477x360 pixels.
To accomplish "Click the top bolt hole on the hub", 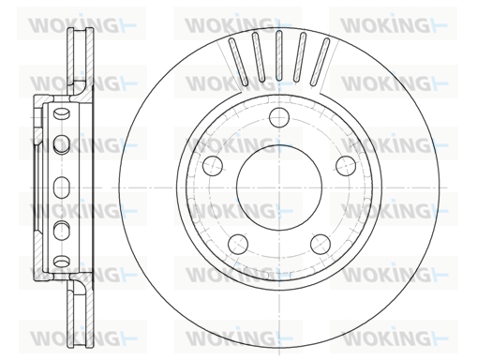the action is [279, 117].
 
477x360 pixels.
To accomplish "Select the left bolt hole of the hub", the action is [213, 166].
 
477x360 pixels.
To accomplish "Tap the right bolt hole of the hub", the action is [346, 166].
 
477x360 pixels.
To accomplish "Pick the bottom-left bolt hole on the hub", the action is [238, 244].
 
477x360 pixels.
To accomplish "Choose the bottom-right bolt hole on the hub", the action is [320, 244].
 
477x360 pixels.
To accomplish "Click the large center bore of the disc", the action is [279, 187].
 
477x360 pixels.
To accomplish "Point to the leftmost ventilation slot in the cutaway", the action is [238, 62].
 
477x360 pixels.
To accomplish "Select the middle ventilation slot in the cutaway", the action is [279, 55].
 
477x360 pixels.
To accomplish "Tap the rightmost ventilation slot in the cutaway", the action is [320, 62].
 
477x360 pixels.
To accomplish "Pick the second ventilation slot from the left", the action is [259, 57].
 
